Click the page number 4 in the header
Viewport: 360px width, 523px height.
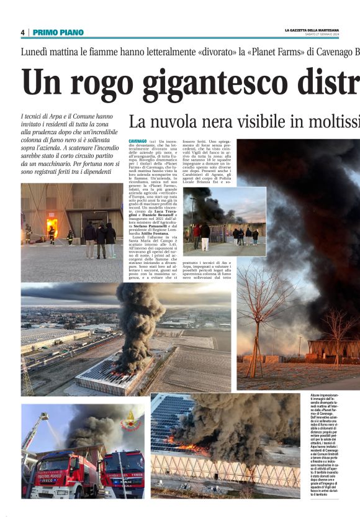pos(22,32)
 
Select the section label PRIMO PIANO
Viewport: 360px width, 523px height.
pos(58,32)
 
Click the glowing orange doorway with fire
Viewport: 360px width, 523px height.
pos(52,225)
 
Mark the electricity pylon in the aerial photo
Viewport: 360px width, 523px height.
pos(27,379)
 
